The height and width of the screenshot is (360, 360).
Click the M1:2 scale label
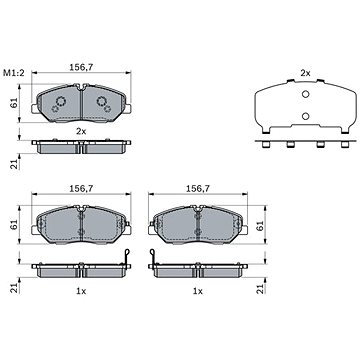14,73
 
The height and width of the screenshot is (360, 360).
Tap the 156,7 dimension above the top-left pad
81,67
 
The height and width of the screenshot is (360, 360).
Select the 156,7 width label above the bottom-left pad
81,188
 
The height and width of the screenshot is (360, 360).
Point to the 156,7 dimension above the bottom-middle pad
198,188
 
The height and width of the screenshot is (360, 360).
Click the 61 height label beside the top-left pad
14,104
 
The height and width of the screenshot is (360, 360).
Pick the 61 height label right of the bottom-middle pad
260,225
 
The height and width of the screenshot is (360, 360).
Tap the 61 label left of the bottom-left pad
14,225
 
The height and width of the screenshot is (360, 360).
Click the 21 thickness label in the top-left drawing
14,164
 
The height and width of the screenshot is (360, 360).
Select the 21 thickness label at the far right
260,289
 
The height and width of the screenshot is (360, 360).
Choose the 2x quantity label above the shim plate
305,73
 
